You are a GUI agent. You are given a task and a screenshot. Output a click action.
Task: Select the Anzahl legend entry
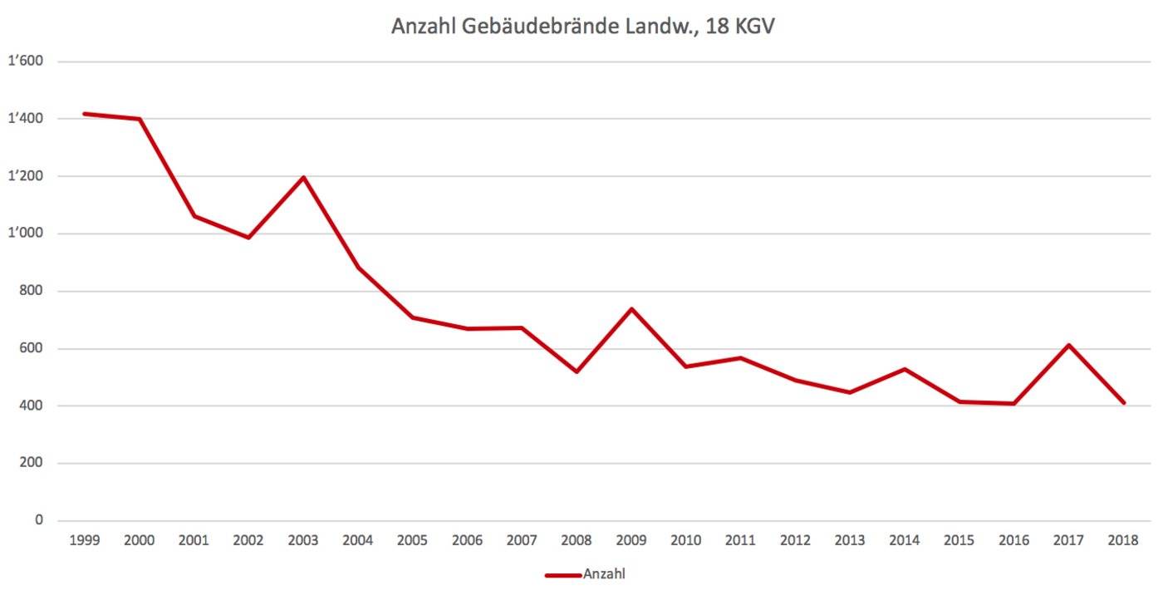[x=603, y=574]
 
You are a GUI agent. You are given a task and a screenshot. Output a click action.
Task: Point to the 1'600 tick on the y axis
[x=26, y=61]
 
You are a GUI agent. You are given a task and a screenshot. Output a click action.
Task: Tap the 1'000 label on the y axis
[x=26, y=234]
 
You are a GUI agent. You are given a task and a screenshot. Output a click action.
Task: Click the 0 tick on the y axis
[x=37, y=520]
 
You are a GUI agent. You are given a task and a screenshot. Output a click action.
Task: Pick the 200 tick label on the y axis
[x=32, y=463]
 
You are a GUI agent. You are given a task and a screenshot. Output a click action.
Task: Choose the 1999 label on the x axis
[x=85, y=540]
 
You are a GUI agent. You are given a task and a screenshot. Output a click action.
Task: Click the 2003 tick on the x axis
[x=303, y=540]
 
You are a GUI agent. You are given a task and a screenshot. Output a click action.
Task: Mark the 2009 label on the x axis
[x=631, y=540]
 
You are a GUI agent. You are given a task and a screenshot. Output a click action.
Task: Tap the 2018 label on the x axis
[x=1124, y=540]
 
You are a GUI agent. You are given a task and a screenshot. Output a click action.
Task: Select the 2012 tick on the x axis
[x=795, y=540]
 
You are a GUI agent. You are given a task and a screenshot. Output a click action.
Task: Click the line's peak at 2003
[x=303, y=177]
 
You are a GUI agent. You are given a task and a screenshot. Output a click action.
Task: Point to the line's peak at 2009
[x=631, y=309]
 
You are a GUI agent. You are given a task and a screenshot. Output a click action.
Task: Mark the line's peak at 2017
[x=1069, y=345]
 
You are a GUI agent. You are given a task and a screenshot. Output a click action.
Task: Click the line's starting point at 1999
[x=85, y=114]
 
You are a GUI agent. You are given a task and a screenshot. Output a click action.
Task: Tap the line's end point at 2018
[x=1124, y=403]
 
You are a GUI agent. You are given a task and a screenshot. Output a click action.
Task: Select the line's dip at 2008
[x=577, y=371]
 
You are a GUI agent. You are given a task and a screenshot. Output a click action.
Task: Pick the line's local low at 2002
[x=248, y=238]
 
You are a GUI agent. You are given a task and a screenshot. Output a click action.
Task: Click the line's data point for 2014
[x=905, y=369]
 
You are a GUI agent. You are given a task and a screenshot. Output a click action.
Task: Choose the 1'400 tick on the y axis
[x=26, y=119]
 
